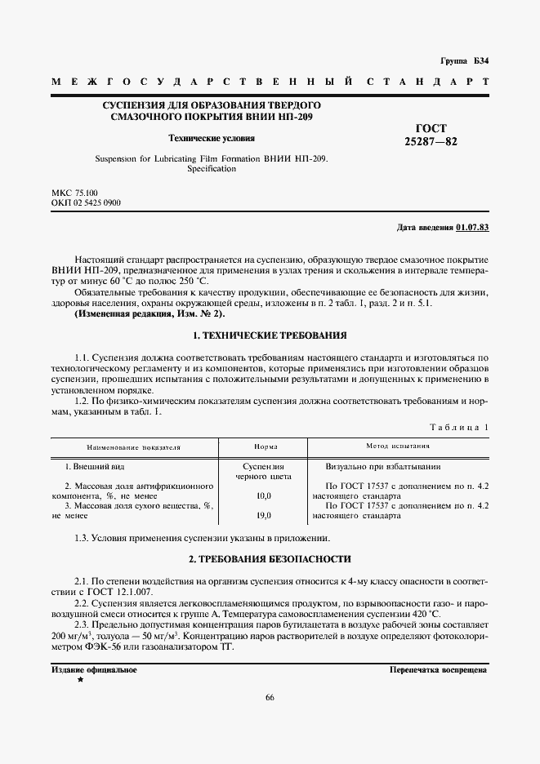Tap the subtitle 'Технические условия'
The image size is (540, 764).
[211, 138]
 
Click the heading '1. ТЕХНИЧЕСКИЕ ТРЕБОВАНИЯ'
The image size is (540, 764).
[270, 335]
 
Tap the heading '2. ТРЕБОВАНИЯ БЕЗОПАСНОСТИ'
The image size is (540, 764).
[270, 559]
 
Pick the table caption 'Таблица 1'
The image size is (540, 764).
[458, 427]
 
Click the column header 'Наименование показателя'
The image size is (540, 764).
[134, 447]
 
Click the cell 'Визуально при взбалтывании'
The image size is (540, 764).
[383, 467]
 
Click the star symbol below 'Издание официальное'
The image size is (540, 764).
[79, 679]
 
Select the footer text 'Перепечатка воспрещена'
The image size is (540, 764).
[439, 669]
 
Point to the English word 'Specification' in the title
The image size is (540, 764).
[211, 169]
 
